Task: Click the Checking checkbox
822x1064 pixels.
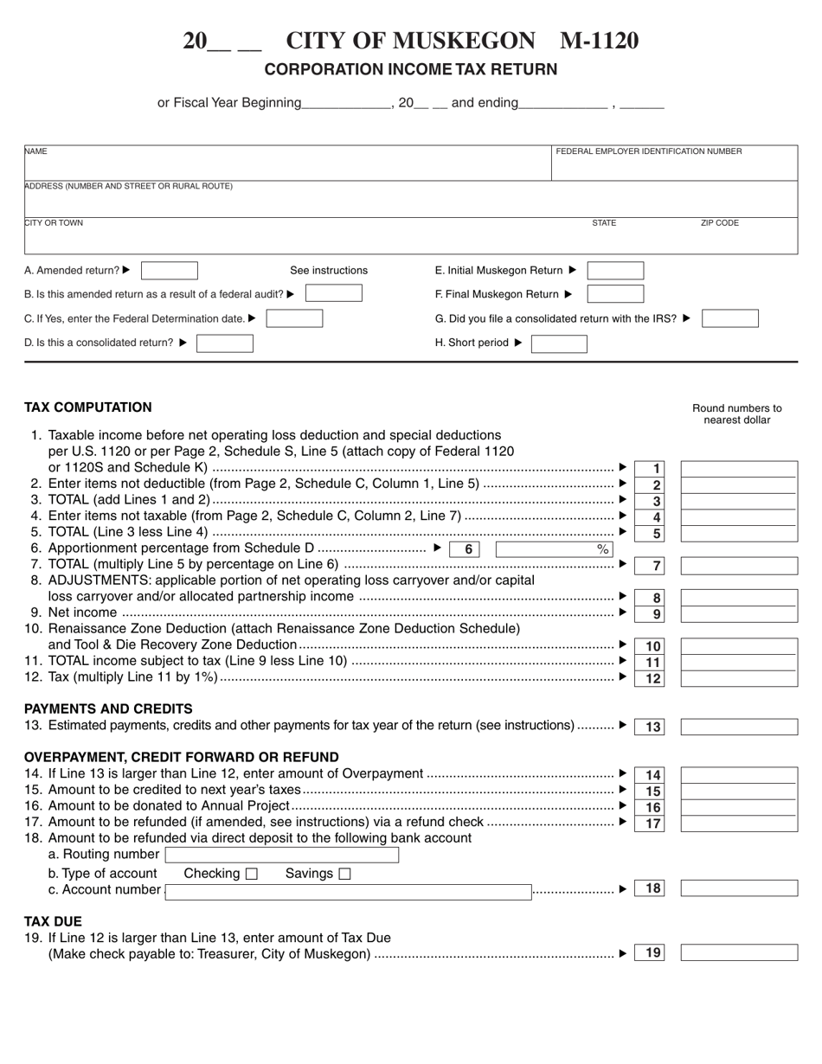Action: click(252, 874)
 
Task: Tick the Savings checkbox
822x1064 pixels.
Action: click(344, 874)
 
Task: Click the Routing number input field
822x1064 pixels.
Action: click(282, 855)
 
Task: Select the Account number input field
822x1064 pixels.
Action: click(348, 891)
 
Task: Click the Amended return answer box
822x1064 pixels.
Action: click(170, 271)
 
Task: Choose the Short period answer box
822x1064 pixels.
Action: click(558, 343)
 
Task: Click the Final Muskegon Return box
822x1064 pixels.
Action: click(615, 294)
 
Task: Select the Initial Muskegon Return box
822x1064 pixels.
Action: click(615, 271)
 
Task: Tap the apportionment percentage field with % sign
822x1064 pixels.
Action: click(554, 549)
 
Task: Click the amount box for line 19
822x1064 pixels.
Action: click(739, 953)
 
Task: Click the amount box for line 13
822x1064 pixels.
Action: click(739, 727)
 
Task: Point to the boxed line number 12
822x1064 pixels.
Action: click(653, 679)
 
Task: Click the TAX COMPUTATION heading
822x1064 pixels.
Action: click(88, 407)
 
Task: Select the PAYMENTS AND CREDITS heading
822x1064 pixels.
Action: click(108, 708)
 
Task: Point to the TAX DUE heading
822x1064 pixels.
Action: click(53, 921)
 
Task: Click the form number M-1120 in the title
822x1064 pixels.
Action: click(600, 41)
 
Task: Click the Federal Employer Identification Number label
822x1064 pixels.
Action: click(648, 151)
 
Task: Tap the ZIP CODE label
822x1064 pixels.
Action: click(719, 223)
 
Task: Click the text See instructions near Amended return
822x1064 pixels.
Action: click(329, 271)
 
